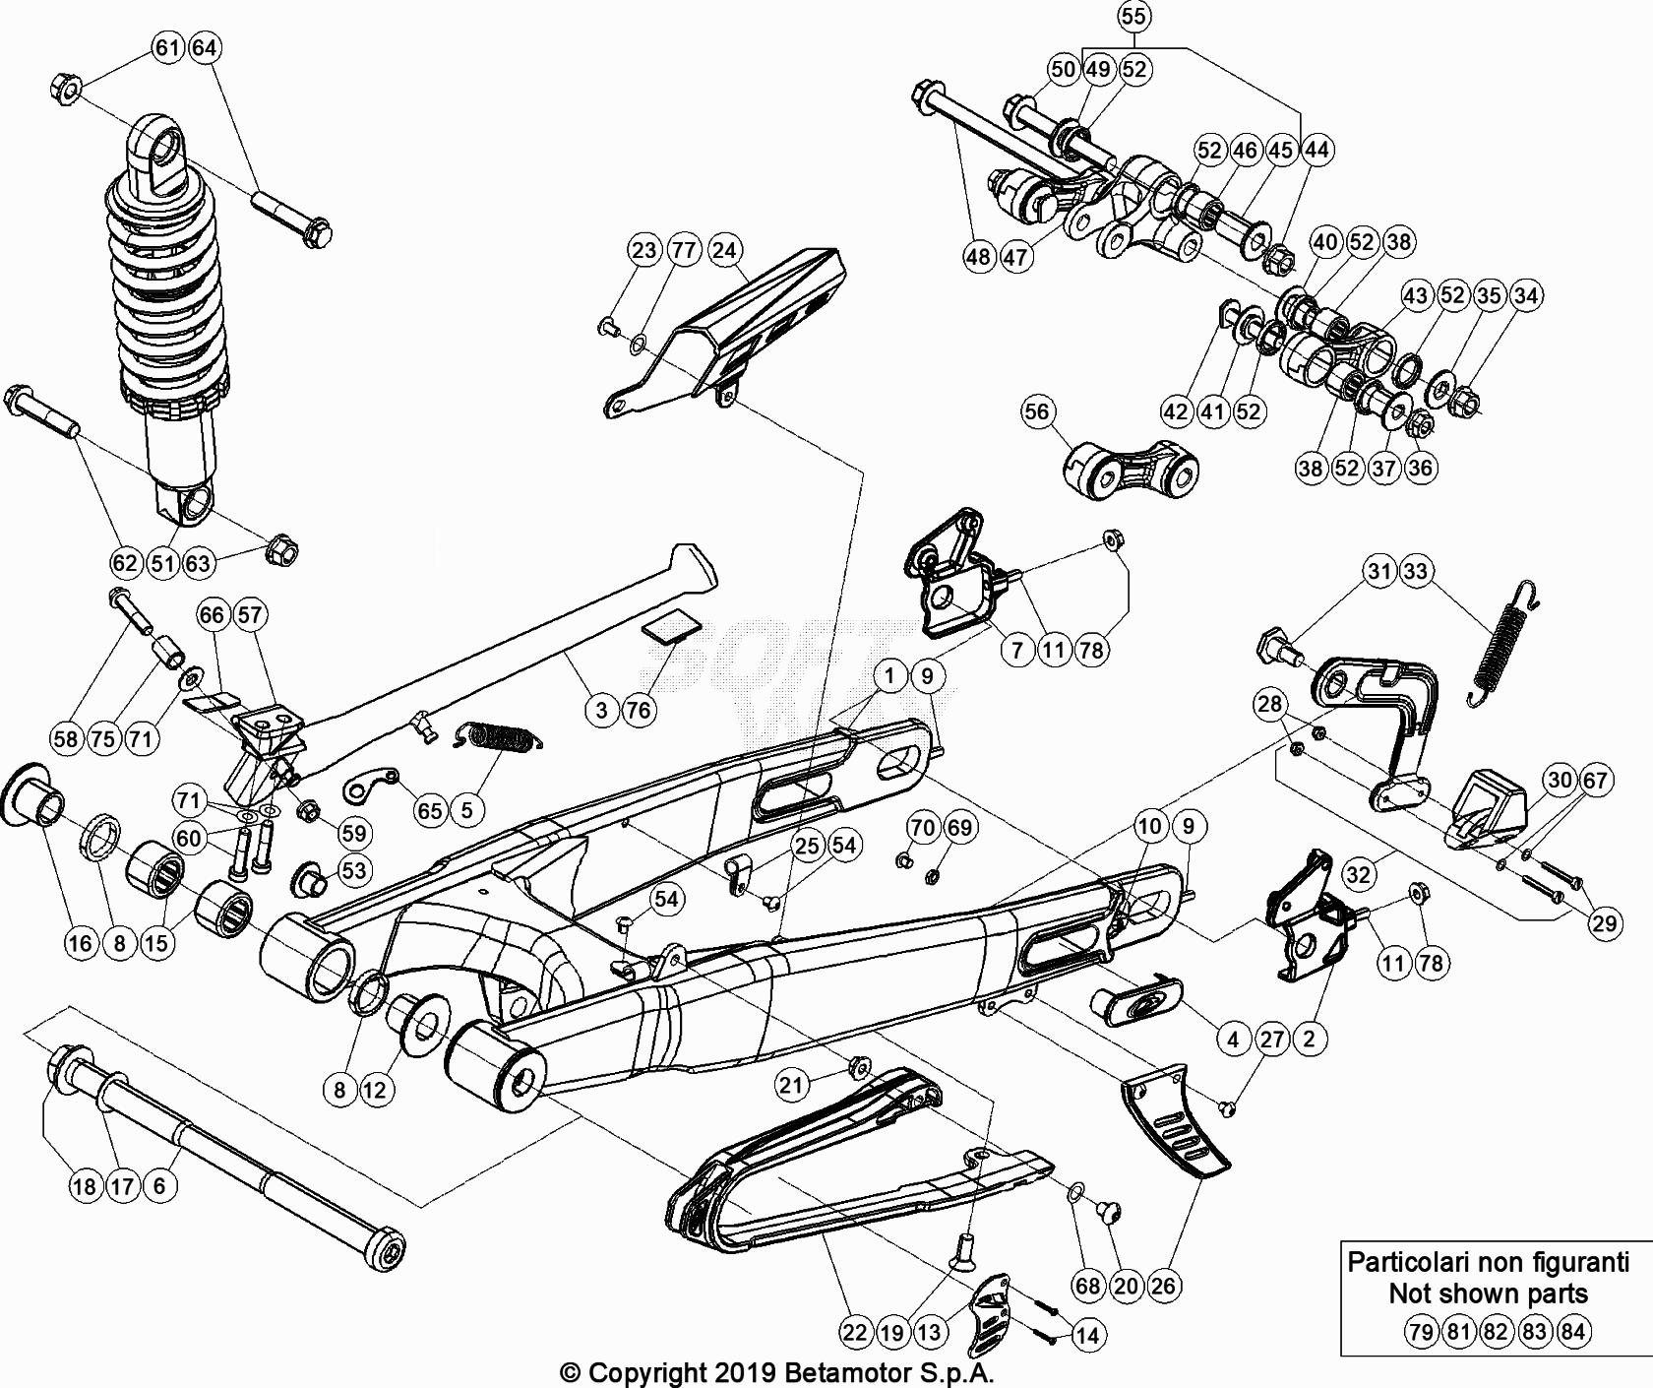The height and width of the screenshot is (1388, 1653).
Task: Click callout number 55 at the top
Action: (x=1133, y=17)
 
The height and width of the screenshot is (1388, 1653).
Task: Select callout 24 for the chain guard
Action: (x=723, y=250)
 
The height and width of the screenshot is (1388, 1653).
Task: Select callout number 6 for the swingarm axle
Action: (x=159, y=1186)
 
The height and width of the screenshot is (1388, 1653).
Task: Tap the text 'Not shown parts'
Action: (x=1488, y=1293)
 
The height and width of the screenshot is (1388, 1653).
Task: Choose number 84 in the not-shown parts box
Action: (x=1572, y=1333)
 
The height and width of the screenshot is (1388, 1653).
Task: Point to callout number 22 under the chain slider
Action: (x=855, y=1333)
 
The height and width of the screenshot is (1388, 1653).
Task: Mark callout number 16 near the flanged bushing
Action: (x=80, y=943)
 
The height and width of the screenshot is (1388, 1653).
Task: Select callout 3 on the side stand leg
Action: (x=601, y=710)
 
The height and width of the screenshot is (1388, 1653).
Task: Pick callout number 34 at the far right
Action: (x=1526, y=295)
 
